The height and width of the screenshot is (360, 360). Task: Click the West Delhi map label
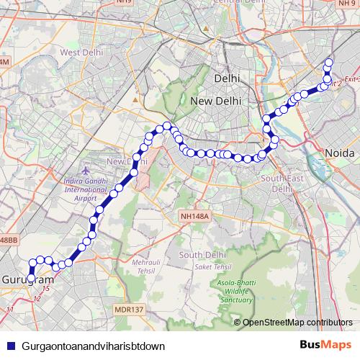pos(79,53)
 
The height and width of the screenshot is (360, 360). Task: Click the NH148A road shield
pos(195,215)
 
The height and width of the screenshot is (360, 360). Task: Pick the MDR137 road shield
pos(130,310)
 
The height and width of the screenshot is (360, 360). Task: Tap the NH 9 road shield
pos(347,4)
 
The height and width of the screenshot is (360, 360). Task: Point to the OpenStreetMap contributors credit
pos(297,322)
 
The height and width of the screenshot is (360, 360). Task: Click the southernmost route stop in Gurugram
pos(32,278)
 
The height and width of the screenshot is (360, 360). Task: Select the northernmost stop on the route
pos(329,63)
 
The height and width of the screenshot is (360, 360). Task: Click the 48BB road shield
pos(8,239)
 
